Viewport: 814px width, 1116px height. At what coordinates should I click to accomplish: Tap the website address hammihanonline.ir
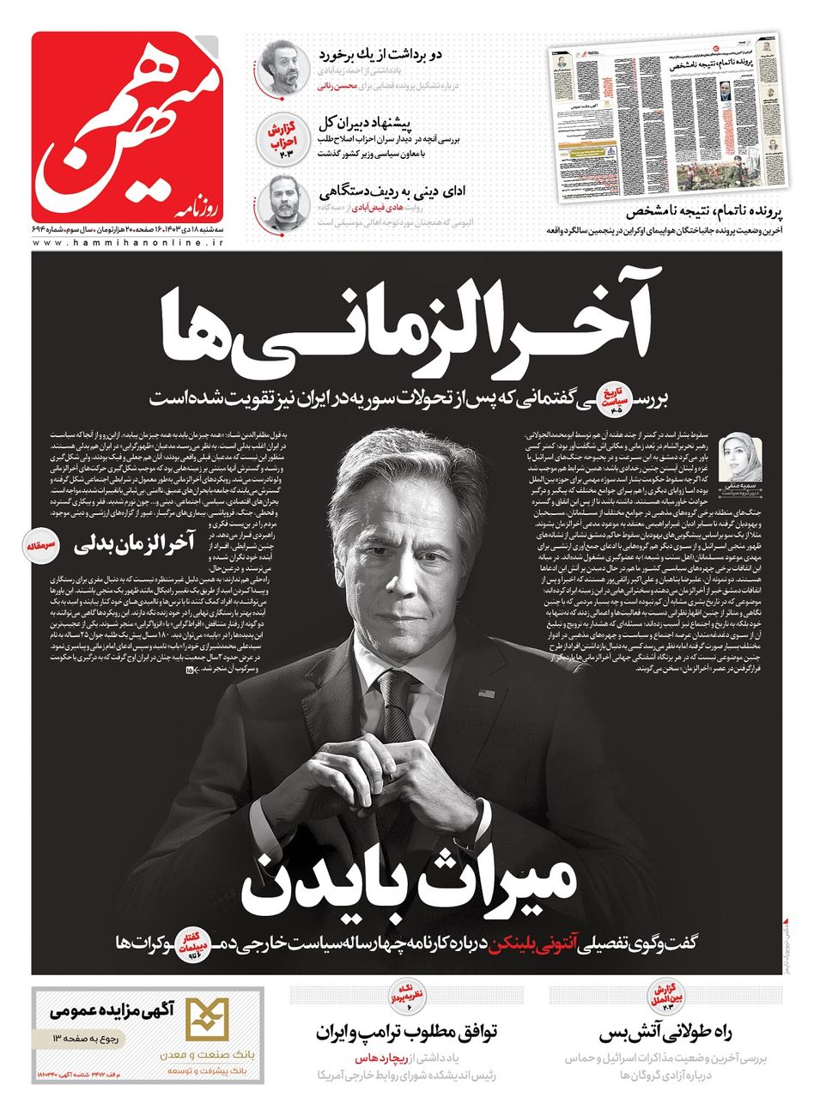coord(129,245)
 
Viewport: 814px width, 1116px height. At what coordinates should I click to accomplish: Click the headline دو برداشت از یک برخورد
coord(380,54)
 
